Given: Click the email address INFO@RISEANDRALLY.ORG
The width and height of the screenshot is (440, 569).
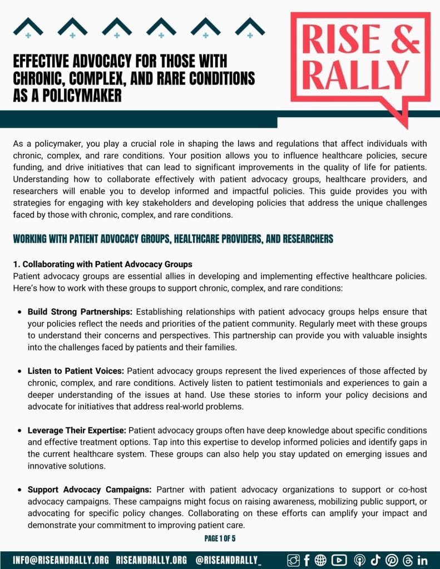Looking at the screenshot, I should [61, 560].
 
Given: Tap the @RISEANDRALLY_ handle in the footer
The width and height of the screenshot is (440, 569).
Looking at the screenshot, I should [229, 560].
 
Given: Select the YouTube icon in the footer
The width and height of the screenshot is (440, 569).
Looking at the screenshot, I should [339, 560].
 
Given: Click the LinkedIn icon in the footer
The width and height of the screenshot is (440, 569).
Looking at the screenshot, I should [422, 560].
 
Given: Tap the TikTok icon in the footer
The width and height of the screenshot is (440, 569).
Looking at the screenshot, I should [375, 560].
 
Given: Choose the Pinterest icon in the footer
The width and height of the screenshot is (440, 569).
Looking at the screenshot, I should [391, 560].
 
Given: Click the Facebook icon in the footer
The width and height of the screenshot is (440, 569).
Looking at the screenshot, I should [307, 560].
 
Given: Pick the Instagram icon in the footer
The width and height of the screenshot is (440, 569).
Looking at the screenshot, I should [293, 560].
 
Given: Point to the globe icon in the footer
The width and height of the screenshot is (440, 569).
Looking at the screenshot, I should [321, 560].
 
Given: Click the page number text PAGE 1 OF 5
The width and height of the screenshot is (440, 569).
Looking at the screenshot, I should [220, 538].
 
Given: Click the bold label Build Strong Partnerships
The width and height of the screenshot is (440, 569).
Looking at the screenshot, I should [80, 312].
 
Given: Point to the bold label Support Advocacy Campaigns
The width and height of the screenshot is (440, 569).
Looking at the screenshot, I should [89, 490].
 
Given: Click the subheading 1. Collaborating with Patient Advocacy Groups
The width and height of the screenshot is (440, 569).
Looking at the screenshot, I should [102, 264].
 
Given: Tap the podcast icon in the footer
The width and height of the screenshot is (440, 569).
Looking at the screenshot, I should [359, 560].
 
